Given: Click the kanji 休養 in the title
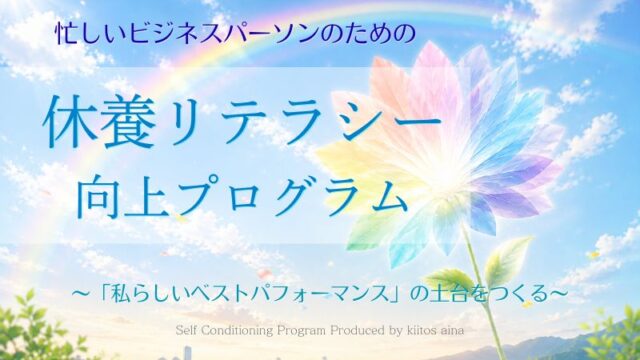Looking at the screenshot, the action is [x=97, y=122].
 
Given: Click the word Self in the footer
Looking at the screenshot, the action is [x=187, y=330].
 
